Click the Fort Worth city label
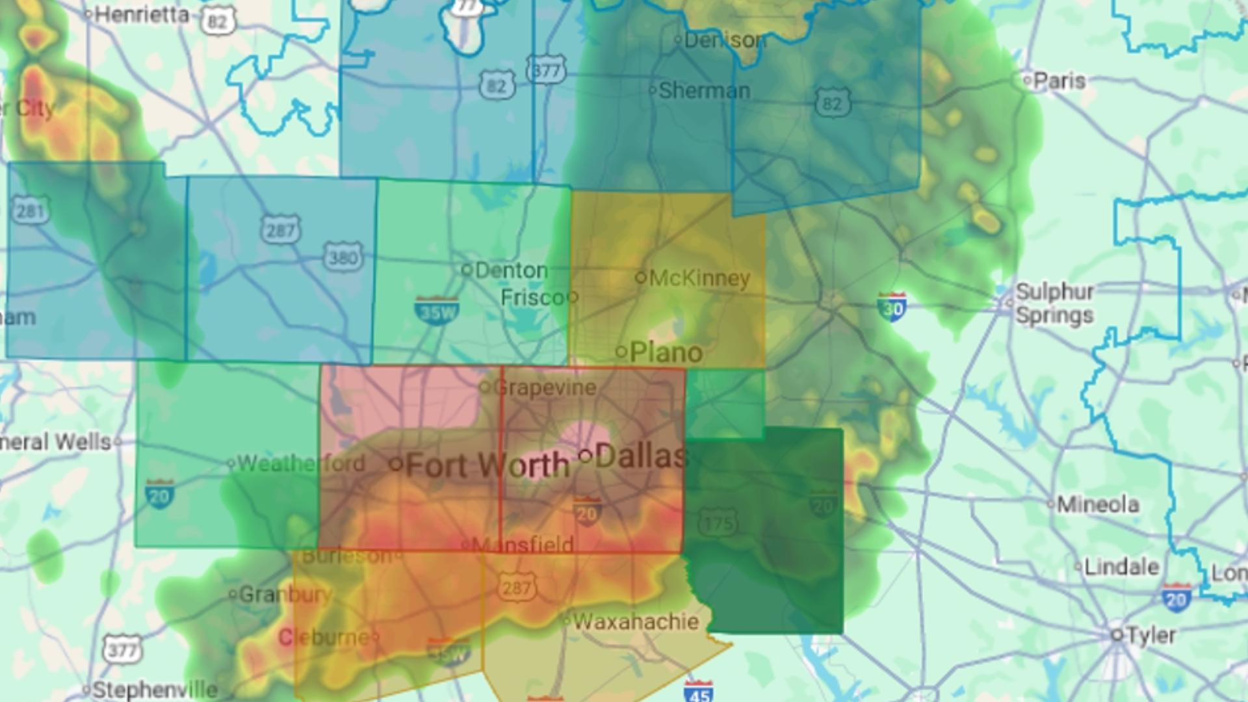pyautogui.click(x=487, y=465)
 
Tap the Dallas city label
pyautogui.click(x=641, y=456)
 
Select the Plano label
pyautogui.click(x=666, y=352)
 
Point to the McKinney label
pyautogui.click(x=699, y=278)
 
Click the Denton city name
pyautogui.click(x=511, y=270)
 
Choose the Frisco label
pyautogui.click(x=532, y=298)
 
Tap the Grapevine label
pyautogui.click(x=545, y=388)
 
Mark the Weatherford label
pyautogui.click(x=301, y=463)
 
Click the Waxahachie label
pyautogui.click(x=636, y=621)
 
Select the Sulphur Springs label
pyautogui.click(x=1054, y=303)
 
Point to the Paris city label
pyautogui.click(x=1059, y=81)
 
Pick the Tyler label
pyautogui.click(x=1150, y=635)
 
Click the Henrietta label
pyautogui.click(x=142, y=14)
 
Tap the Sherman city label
pyautogui.click(x=705, y=90)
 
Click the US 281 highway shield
pyautogui.click(x=30, y=211)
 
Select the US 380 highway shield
pyautogui.click(x=343, y=258)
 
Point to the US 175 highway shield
pyautogui.click(x=718, y=523)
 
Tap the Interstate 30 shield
pyautogui.click(x=892, y=306)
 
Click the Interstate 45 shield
pyautogui.click(x=699, y=692)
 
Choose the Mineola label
pyautogui.click(x=1098, y=504)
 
